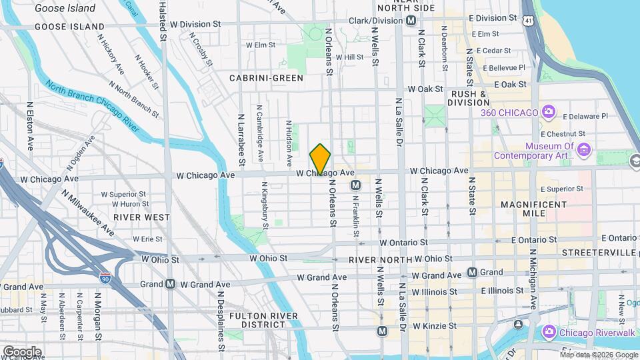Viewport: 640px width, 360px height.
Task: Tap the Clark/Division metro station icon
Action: click(x=412, y=21)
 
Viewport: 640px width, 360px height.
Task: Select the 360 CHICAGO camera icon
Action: click(x=549, y=112)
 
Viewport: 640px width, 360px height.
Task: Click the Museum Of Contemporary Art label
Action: click(x=533, y=151)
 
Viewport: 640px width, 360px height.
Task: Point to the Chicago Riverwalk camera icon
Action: click(x=549, y=331)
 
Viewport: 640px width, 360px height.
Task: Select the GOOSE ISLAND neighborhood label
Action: click(x=61, y=27)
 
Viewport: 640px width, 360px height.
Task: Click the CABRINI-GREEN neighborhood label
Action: click(x=266, y=78)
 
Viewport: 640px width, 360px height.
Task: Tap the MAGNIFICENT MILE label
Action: click(x=533, y=209)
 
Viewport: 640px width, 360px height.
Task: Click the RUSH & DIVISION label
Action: click(x=478, y=98)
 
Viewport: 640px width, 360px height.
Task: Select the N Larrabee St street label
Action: click(x=241, y=139)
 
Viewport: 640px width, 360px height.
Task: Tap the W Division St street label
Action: click(x=195, y=23)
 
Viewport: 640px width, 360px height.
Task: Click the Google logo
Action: click(x=22, y=351)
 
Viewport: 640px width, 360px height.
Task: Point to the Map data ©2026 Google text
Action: click(x=599, y=355)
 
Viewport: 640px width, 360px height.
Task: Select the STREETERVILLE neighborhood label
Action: click(x=599, y=253)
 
